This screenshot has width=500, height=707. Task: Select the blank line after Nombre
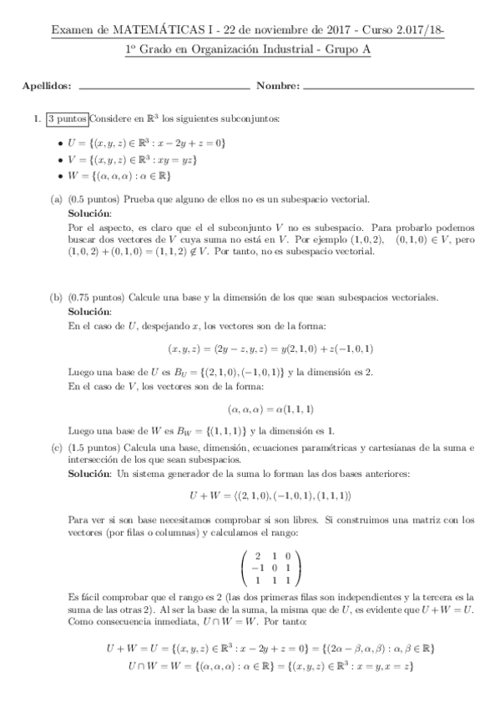tap(388, 87)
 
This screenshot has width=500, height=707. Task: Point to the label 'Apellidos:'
tap(47, 87)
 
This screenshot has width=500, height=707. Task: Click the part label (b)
tap(56, 298)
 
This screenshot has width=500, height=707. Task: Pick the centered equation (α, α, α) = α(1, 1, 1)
tap(276, 409)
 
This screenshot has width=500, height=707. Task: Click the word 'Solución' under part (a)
tap(88, 214)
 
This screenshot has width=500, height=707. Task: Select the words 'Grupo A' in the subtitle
tap(350, 50)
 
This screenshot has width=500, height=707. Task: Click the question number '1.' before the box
tap(37, 118)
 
